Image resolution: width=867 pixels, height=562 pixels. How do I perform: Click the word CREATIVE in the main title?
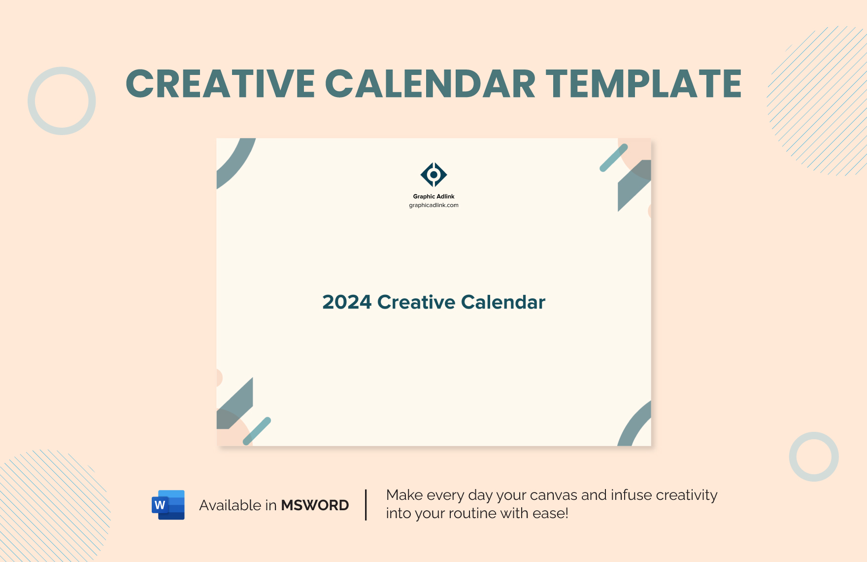pyautogui.click(x=220, y=84)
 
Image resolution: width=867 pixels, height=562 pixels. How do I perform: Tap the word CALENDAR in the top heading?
pyautogui.click(x=430, y=84)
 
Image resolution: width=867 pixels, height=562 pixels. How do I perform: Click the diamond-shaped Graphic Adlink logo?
pyautogui.click(x=433, y=175)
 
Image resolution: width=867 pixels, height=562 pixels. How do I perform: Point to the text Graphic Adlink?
pyautogui.click(x=433, y=196)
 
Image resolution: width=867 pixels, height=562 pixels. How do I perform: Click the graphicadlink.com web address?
pyautogui.click(x=433, y=205)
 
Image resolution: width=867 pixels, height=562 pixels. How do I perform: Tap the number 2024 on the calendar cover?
pyautogui.click(x=346, y=302)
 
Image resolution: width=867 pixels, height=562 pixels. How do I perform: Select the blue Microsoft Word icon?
pyautogui.click(x=168, y=505)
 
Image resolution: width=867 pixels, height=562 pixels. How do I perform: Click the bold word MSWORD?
pyautogui.click(x=315, y=505)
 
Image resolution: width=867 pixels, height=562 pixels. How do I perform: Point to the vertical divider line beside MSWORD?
pyautogui.click(x=366, y=505)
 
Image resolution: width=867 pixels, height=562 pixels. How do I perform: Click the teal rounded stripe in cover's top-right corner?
pyautogui.click(x=613, y=158)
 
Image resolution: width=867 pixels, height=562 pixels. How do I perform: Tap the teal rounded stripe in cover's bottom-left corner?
pyautogui.click(x=257, y=431)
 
